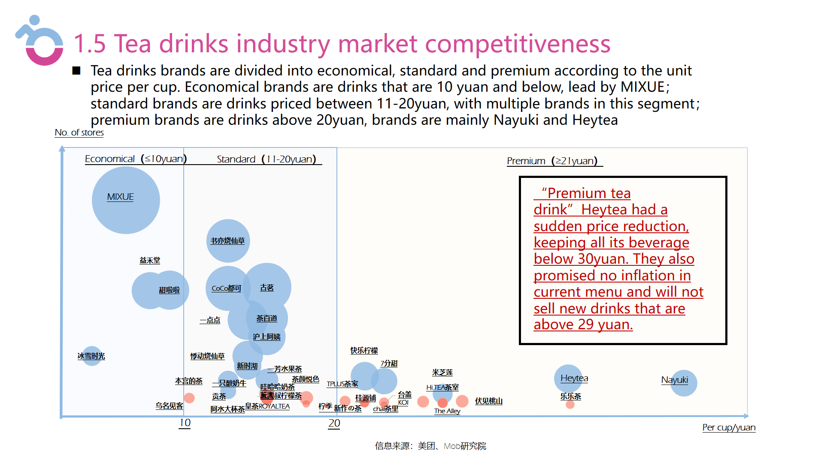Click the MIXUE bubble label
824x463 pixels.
[120, 197]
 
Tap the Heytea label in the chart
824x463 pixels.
[574, 378]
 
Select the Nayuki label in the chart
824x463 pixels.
[674, 380]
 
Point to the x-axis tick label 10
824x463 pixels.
[185, 423]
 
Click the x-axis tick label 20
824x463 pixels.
[334, 424]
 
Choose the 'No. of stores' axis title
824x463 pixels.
[79, 132]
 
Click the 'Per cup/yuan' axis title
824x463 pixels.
[729, 427]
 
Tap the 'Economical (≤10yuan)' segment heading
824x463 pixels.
[136, 159]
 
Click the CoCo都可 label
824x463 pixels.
[226, 289]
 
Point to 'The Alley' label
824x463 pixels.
[447, 411]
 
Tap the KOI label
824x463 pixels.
[403, 403]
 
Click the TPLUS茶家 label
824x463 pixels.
[342, 384]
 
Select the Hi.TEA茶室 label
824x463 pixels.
[442, 388]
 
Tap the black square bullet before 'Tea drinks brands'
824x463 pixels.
[76, 71]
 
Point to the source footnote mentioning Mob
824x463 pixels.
[430, 446]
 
